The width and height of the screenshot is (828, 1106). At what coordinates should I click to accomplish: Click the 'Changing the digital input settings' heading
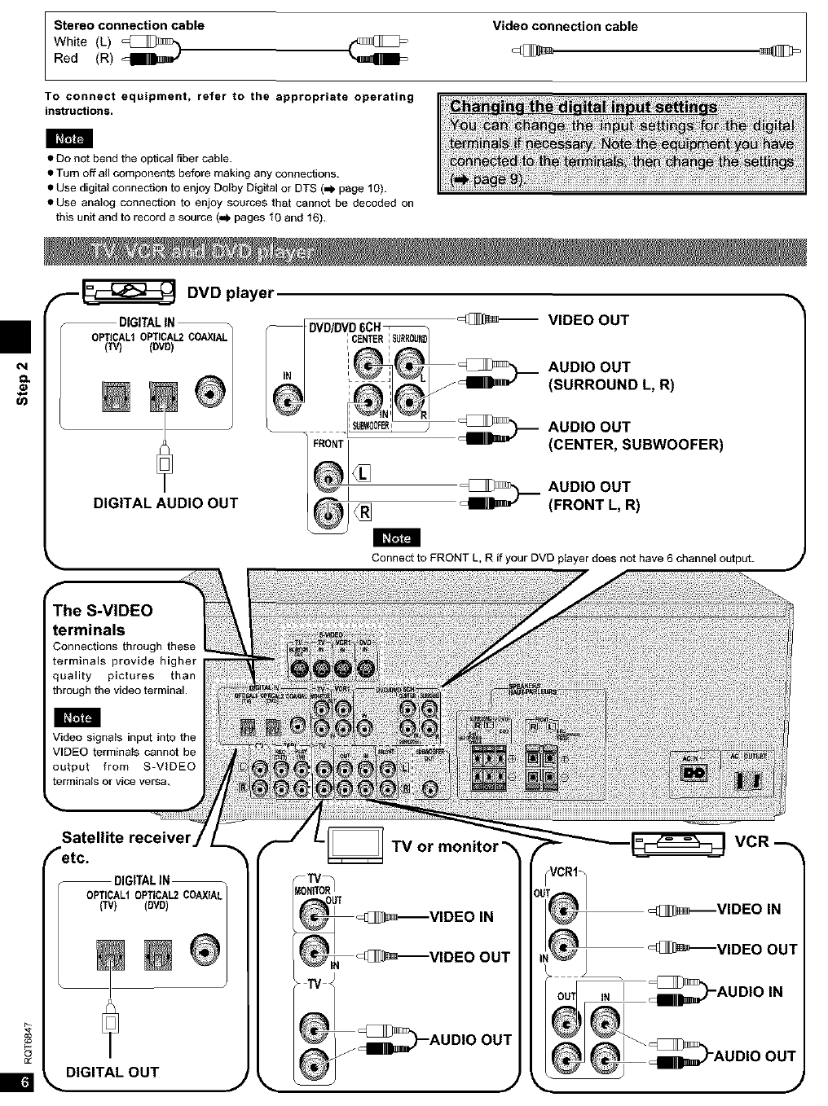(584, 107)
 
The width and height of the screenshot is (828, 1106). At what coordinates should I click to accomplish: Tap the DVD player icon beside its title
(129, 290)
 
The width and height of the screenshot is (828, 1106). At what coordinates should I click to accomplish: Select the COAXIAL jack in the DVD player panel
(210, 391)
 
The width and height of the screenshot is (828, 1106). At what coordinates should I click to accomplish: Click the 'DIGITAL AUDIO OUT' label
(165, 503)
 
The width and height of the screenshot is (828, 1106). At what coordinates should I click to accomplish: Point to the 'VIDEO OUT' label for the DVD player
(588, 320)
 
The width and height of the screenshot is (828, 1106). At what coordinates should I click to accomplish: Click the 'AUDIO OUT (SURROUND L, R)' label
(611, 375)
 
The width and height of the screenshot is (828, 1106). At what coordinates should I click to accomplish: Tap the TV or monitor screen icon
(355, 845)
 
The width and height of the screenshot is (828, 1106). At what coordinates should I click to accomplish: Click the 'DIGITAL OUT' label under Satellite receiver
(112, 1072)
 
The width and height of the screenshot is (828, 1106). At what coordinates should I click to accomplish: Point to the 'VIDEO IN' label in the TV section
(461, 917)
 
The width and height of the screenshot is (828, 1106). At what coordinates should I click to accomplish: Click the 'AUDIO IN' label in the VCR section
(749, 991)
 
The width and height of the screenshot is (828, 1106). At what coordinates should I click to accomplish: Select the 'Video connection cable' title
(565, 26)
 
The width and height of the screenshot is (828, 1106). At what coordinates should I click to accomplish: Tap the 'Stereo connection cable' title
(129, 25)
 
